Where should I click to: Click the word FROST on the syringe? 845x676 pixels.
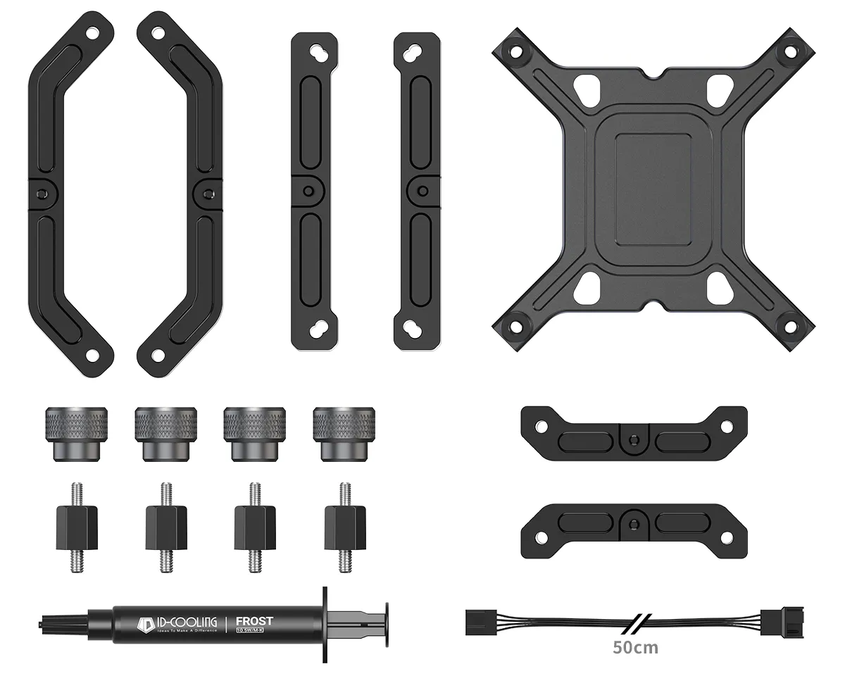(x=254, y=620)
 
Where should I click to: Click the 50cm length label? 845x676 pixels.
(x=635, y=647)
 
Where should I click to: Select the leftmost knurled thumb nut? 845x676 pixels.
(x=76, y=433)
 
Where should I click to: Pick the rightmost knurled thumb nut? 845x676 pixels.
(x=344, y=433)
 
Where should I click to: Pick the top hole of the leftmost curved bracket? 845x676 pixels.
(x=92, y=32)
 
